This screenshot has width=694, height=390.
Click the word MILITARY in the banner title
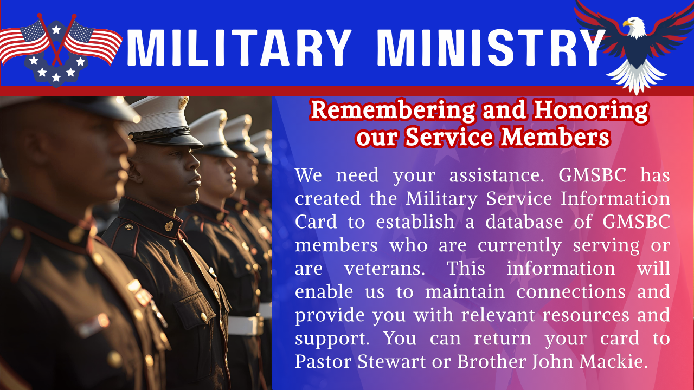pyautogui.click(x=239, y=47)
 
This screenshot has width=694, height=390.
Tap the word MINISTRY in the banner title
pyautogui.click(x=491, y=47)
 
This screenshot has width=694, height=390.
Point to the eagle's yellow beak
pyautogui.click(x=626, y=24)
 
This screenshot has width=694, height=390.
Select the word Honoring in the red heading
pyautogui.click(x=590, y=110)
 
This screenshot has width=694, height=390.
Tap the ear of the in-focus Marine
pyautogui.click(x=142, y=171)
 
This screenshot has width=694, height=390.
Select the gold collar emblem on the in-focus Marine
pyautogui.click(x=169, y=225)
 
